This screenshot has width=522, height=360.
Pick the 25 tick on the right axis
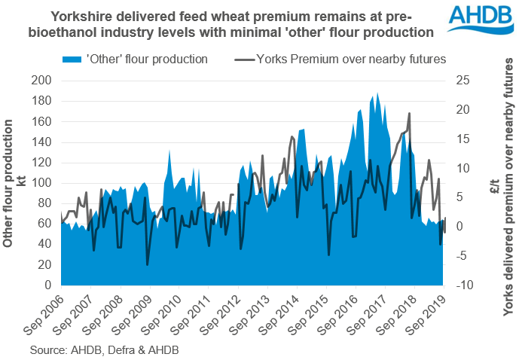(x=459, y=81)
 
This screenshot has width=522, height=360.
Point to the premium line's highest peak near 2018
(x=409, y=114)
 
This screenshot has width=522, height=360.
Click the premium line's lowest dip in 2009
(x=148, y=264)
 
